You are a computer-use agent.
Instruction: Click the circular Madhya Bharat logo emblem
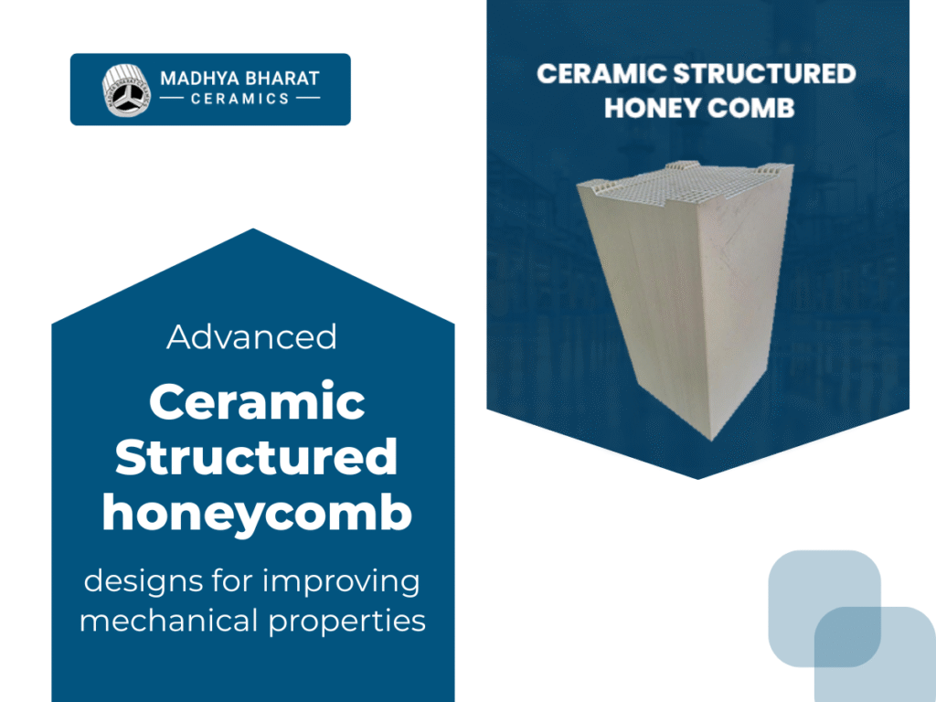(x=126, y=89)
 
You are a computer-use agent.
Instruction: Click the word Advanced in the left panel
(x=251, y=337)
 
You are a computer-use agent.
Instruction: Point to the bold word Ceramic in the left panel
(x=257, y=401)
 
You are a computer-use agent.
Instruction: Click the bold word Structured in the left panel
(x=256, y=458)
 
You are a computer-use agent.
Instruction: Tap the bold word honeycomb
(x=256, y=514)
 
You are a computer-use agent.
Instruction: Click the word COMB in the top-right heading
(x=754, y=108)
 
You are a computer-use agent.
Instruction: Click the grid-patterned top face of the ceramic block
(x=686, y=187)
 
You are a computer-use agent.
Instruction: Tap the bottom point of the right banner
(x=698, y=477)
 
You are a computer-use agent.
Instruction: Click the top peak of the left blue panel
(x=252, y=230)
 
